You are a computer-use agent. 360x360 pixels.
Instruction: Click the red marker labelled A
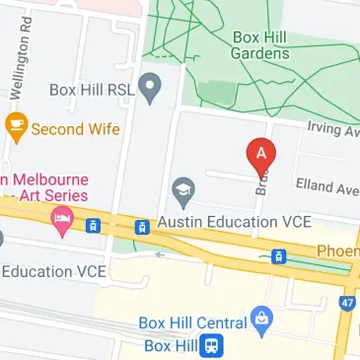pyautogui.click(x=260, y=154)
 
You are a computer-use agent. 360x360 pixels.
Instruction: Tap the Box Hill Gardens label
pyautogui.click(x=261, y=45)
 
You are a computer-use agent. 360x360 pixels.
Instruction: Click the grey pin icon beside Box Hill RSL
pyautogui.click(x=150, y=89)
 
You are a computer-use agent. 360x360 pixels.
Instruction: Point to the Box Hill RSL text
pyautogui.click(x=95, y=90)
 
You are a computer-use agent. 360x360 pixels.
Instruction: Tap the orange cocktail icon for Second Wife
pyautogui.click(x=16, y=127)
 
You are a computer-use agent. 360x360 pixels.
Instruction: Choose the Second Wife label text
pyautogui.click(x=76, y=128)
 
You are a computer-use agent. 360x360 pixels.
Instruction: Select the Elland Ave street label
pyautogui.click(x=327, y=186)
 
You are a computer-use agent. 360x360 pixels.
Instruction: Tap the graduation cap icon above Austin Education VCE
pyautogui.click(x=182, y=188)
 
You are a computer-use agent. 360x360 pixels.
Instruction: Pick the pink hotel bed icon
pyautogui.click(x=61, y=217)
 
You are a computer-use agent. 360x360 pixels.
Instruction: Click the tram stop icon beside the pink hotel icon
pyautogui.click(x=93, y=225)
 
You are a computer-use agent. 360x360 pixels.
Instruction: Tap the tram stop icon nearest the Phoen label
pyautogui.click(x=279, y=256)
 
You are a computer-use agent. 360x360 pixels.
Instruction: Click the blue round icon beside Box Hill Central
pyautogui.click(x=261, y=319)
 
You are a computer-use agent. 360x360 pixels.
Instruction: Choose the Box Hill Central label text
pyautogui.click(x=192, y=324)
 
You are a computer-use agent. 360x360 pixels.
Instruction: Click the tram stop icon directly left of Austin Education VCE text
pyautogui.click(x=142, y=226)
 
